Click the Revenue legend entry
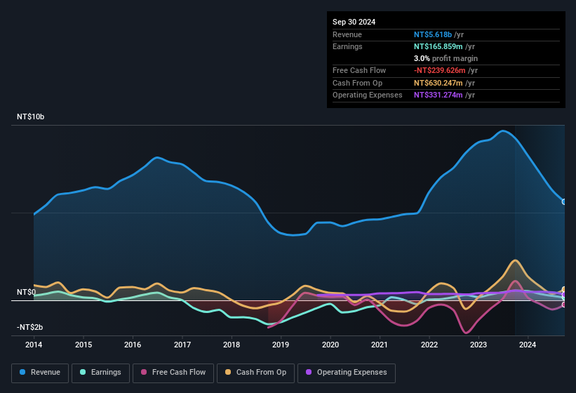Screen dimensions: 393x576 click(x=41, y=372)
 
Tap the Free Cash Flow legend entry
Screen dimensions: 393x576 click(x=173, y=372)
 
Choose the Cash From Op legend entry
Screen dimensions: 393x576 click(x=256, y=372)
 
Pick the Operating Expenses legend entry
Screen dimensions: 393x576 click(x=347, y=372)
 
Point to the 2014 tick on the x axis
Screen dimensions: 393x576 click(x=34, y=345)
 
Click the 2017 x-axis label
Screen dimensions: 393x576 click(x=182, y=345)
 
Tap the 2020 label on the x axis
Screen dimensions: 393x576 click(x=330, y=345)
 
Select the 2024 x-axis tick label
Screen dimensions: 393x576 click(x=528, y=345)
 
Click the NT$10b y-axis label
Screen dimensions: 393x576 click(x=30, y=117)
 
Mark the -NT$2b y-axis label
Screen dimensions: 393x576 click(x=29, y=328)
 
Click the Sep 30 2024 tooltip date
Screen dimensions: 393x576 click(x=354, y=22)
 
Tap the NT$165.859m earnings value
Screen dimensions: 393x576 click(x=438, y=46)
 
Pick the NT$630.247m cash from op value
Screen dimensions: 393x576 click(x=438, y=83)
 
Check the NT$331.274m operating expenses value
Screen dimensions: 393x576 click(x=438, y=95)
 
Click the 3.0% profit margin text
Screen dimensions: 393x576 click(x=446, y=58)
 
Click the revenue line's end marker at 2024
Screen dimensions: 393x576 click(x=564, y=201)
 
